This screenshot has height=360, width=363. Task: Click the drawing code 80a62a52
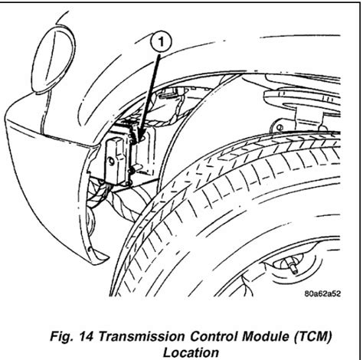click(x=322, y=293)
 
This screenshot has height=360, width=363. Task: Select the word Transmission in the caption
click(x=141, y=336)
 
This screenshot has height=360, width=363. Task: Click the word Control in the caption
click(x=214, y=336)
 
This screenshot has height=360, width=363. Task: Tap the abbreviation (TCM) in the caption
click(x=313, y=336)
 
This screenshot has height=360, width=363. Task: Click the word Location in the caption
click(x=191, y=352)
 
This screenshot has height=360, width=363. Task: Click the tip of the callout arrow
click(x=138, y=141)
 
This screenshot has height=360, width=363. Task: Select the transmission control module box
click(x=129, y=156)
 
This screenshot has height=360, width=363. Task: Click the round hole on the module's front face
click(x=111, y=162)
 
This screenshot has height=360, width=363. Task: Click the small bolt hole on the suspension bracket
click(x=279, y=127)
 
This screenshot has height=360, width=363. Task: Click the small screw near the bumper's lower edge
click(x=90, y=248)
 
